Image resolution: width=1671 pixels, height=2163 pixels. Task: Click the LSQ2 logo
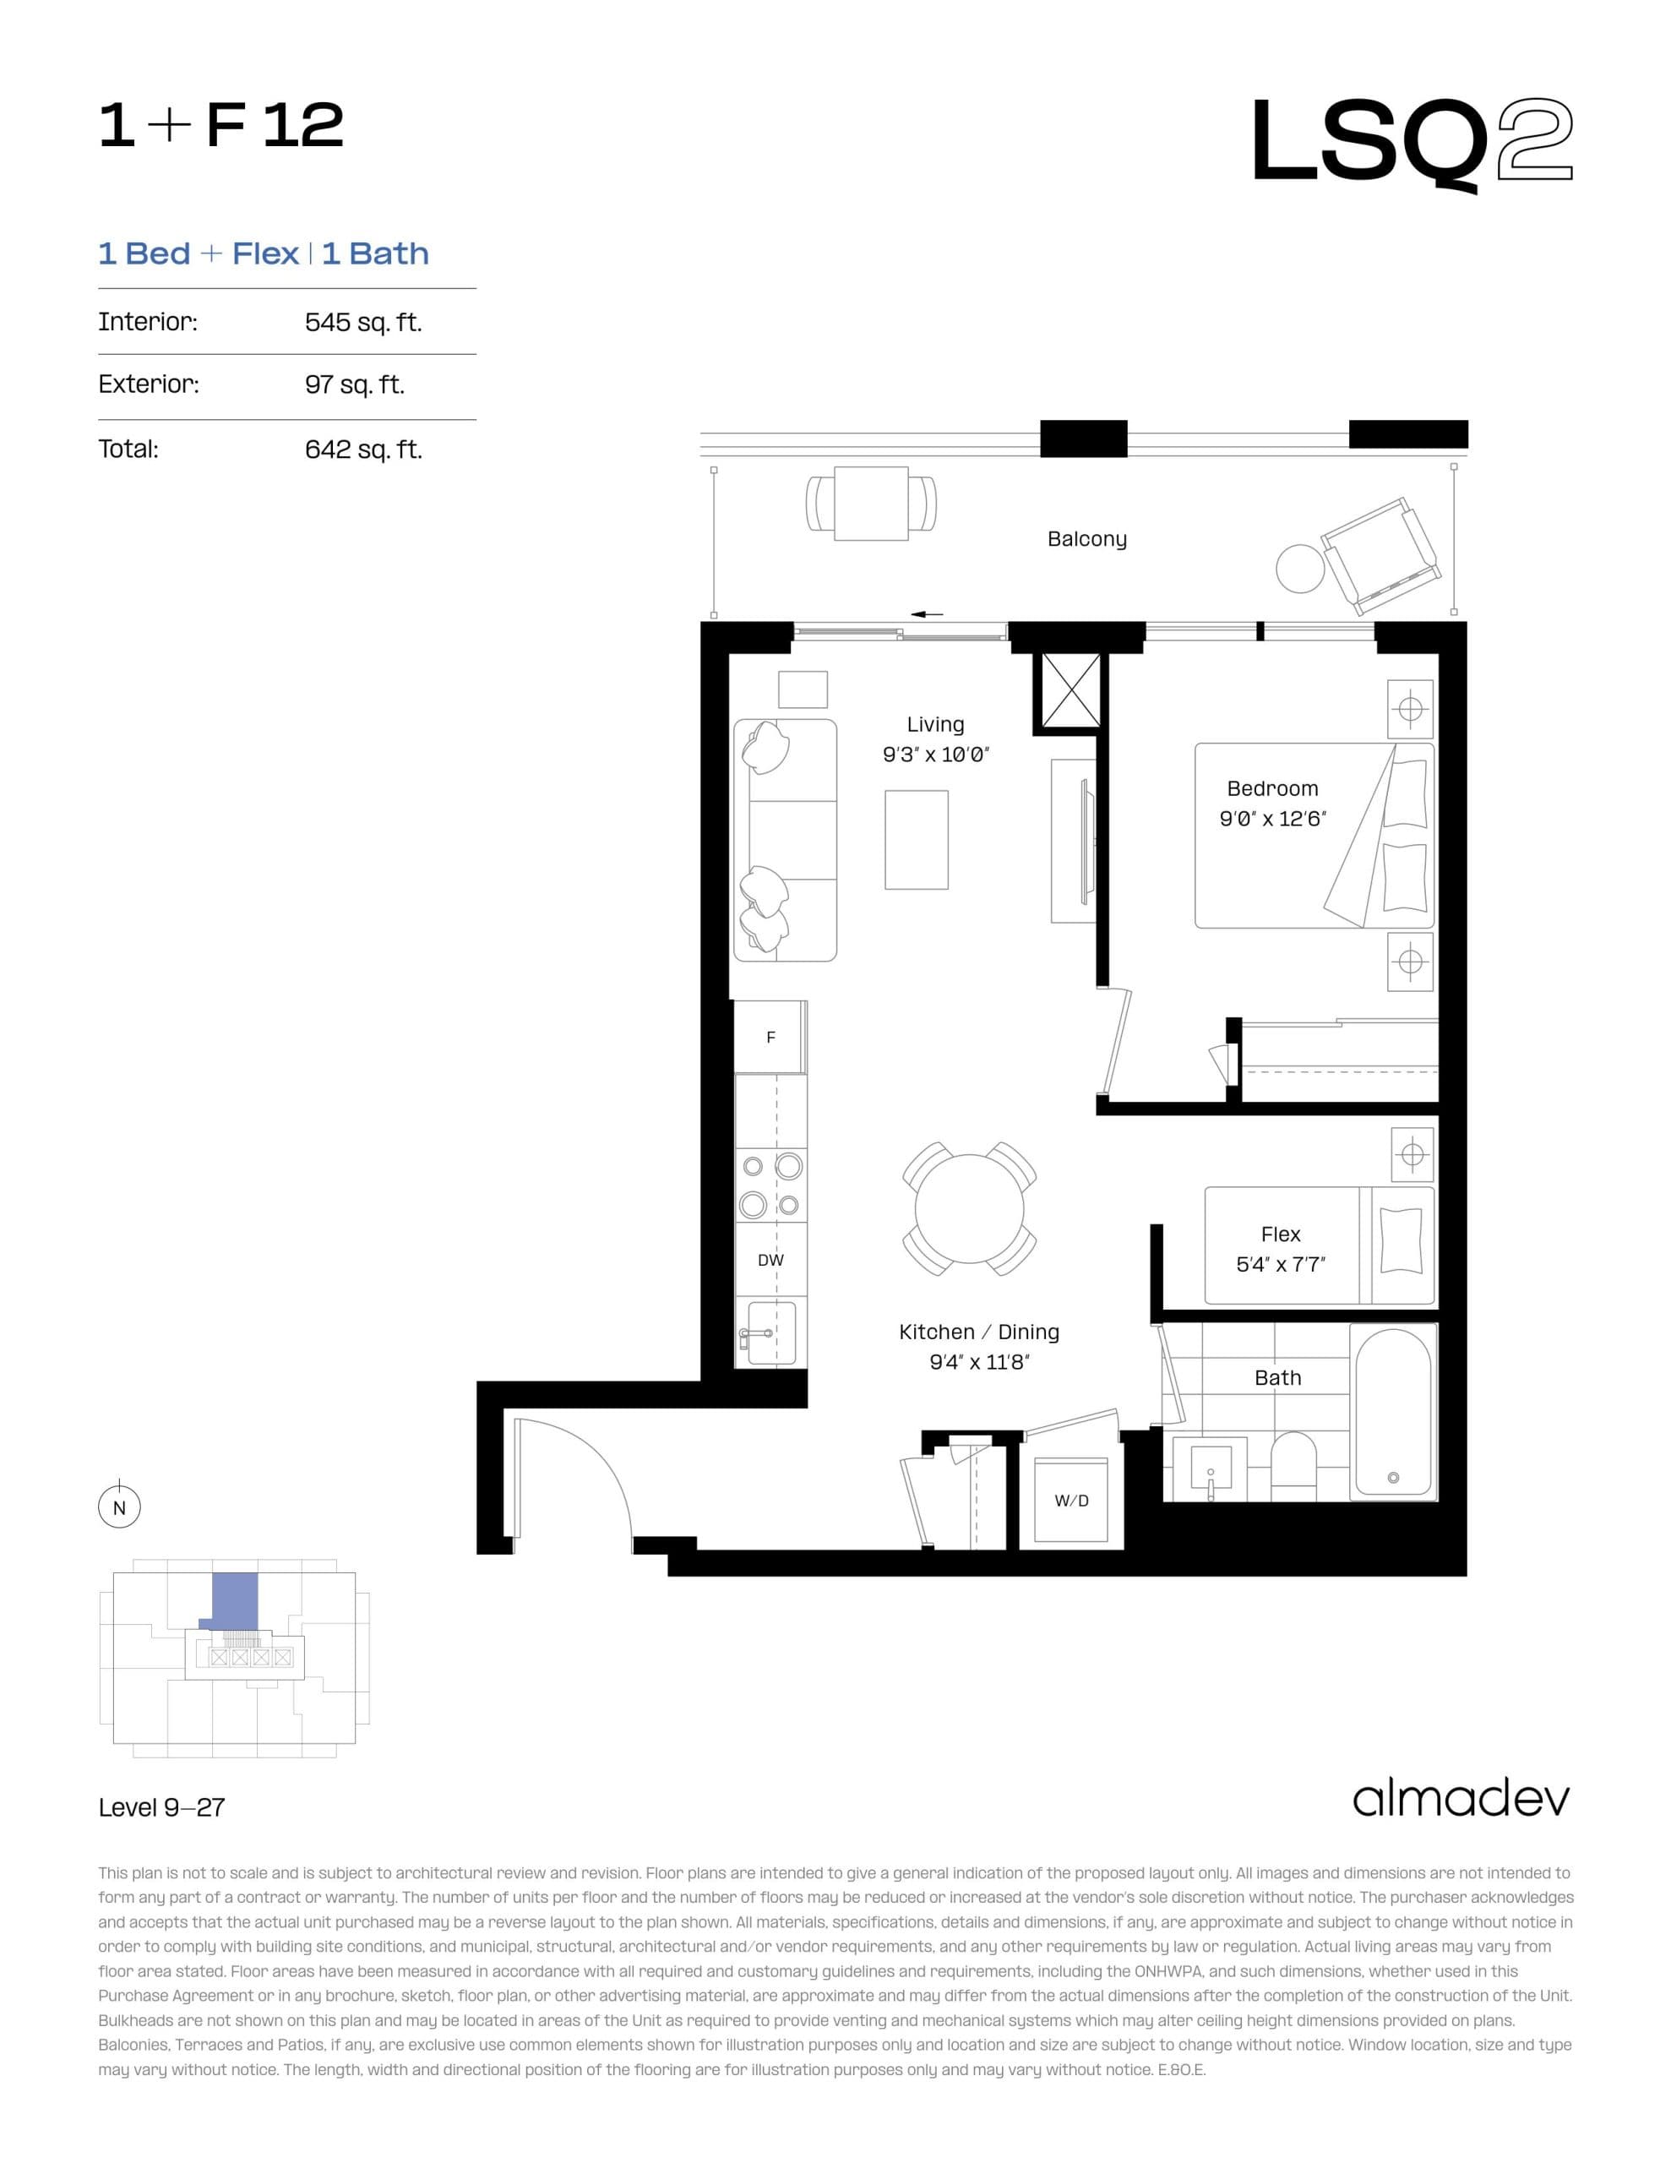point(1411,142)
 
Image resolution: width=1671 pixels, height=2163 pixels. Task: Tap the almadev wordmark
point(1460,1800)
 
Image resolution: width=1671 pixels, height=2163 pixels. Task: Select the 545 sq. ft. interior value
point(362,323)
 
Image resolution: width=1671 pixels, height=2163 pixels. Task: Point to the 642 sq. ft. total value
point(362,449)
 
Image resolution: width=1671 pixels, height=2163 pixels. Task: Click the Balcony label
point(1086,539)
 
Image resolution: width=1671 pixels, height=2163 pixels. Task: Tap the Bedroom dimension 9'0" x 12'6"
point(1271,818)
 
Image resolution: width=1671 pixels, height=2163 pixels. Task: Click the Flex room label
point(1280,1234)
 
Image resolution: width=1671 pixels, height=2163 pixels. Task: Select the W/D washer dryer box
point(1070,1501)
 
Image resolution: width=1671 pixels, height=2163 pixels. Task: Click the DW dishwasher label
point(770,1260)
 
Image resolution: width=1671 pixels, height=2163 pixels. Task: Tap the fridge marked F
point(770,1037)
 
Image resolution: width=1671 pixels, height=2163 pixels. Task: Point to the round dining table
point(969,1208)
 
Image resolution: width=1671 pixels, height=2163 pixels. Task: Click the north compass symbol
point(119,1507)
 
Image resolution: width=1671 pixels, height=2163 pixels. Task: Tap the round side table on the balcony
point(1299,569)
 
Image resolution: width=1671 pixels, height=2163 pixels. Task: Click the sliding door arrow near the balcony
point(926,614)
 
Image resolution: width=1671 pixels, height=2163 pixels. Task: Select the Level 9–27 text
point(161,1807)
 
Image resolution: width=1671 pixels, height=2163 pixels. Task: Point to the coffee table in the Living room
point(917,840)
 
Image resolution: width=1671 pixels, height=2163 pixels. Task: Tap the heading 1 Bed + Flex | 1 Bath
point(264,253)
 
